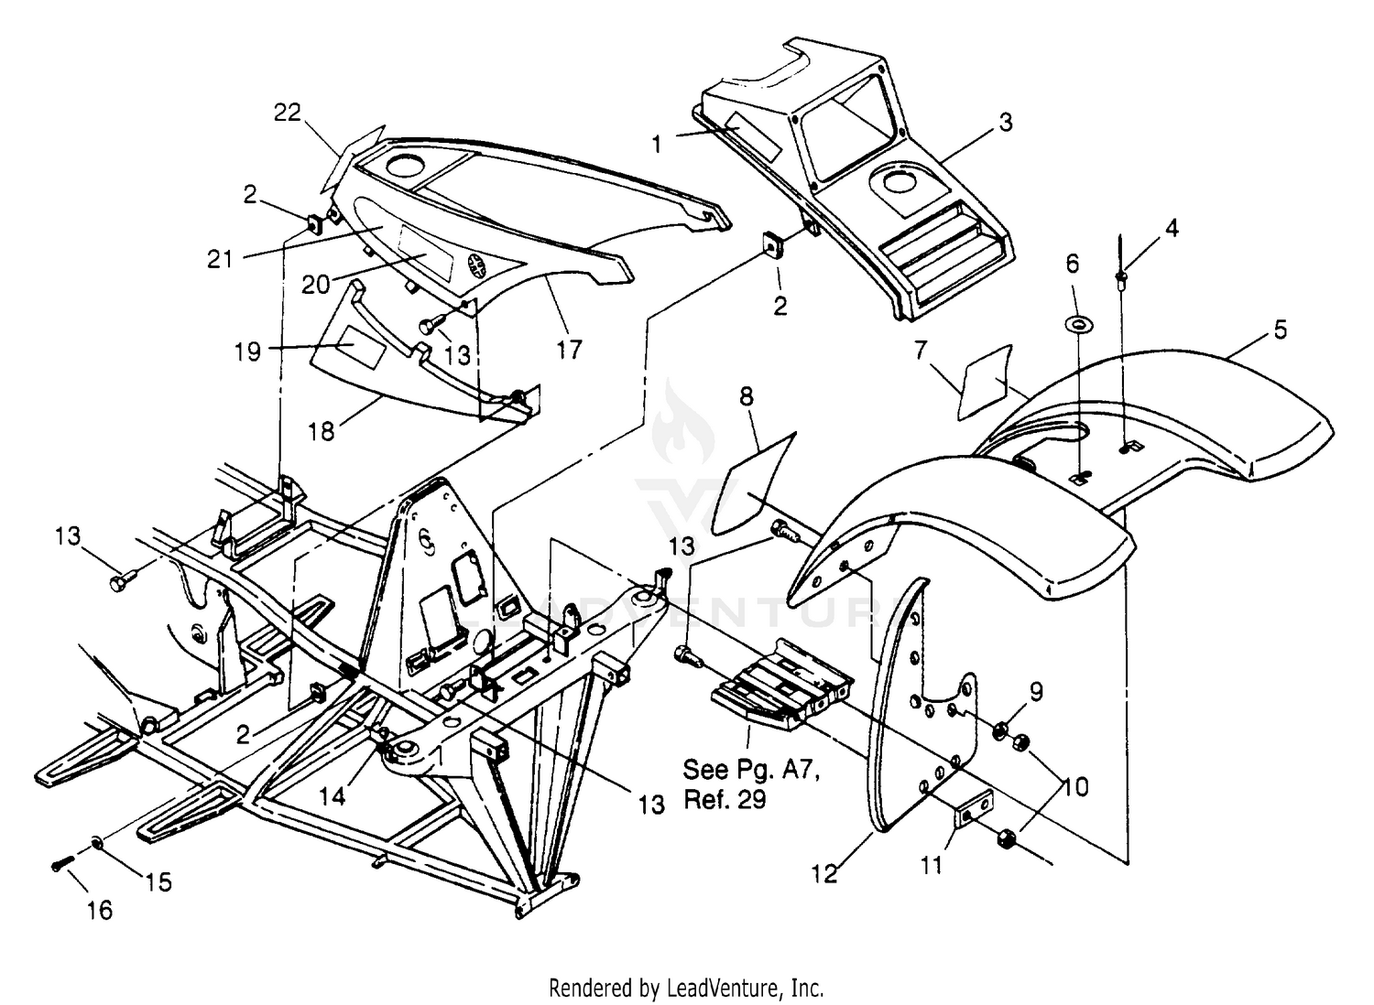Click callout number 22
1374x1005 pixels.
[288, 113]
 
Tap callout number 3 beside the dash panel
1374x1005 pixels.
[1006, 122]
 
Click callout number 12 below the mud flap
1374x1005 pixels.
[824, 874]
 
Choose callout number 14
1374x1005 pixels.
[333, 795]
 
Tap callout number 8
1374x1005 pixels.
[747, 396]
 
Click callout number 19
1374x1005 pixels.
[247, 351]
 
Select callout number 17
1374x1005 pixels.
[569, 349]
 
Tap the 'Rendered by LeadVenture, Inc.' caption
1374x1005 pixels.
[686, 989]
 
